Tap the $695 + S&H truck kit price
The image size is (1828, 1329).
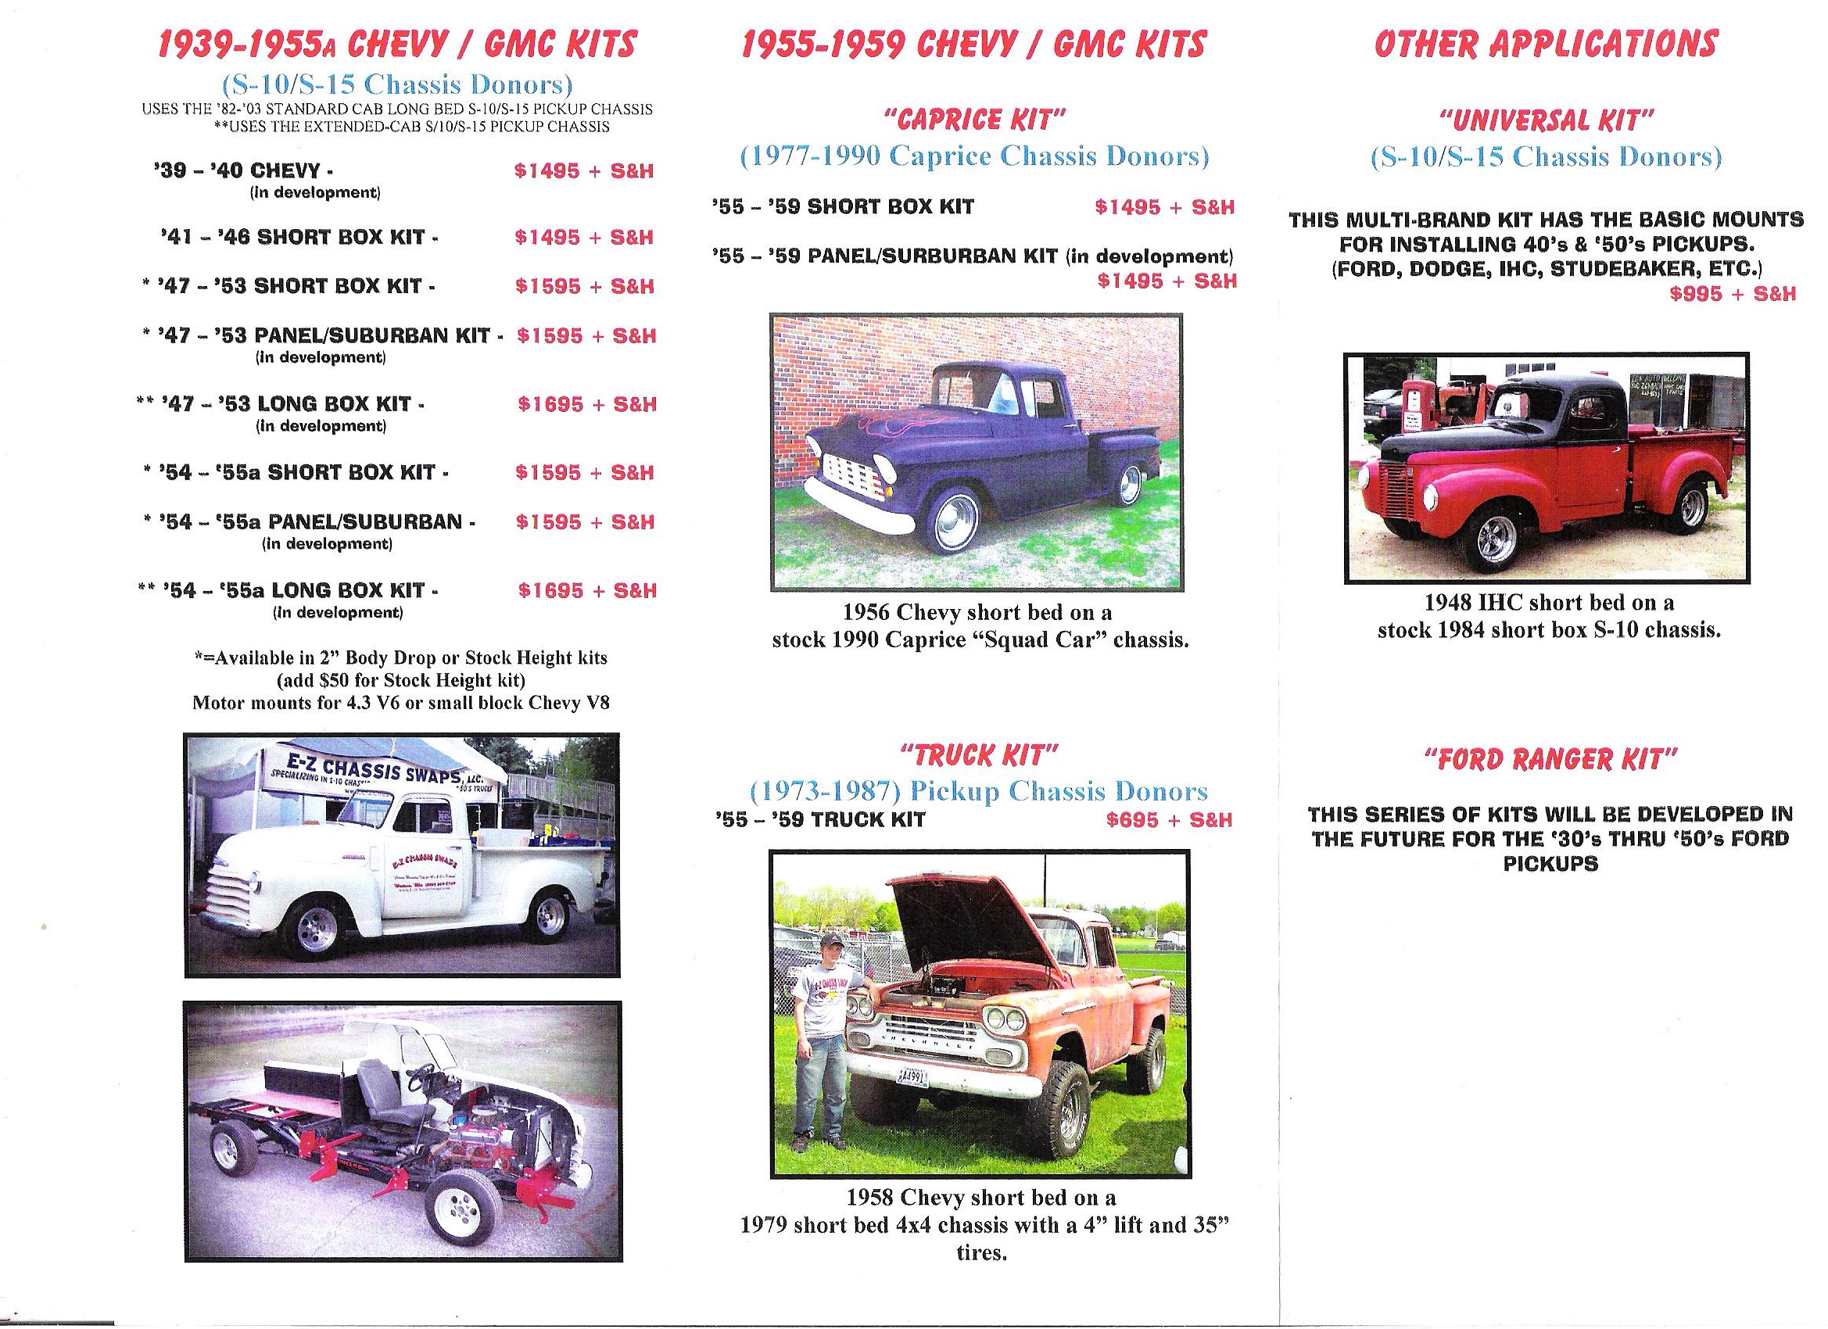pos(1169,820)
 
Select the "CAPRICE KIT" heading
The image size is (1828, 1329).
pos(975,120)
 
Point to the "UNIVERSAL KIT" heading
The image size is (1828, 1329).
pos(1547,121)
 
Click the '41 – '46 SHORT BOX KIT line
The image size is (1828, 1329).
pos(299,238)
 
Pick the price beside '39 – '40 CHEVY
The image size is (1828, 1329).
pos(583,171)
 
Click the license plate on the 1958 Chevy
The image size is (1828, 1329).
pos(913,1076)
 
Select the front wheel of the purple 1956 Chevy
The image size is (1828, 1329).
pos(955,519)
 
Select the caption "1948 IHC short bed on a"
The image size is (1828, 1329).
pos(1548,603)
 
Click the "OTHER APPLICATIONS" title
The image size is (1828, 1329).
pos(1546,44)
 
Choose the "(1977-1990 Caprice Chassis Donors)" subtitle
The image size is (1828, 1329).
pos(974,156)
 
